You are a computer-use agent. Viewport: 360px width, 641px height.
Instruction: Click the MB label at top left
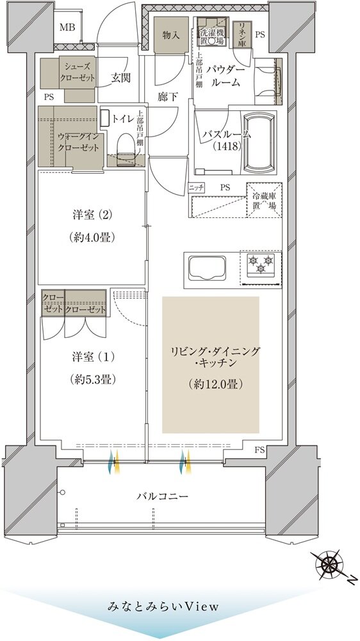(67, 27)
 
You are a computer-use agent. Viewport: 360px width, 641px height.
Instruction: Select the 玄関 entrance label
(120, 78)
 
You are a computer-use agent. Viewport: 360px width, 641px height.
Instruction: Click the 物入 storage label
(170, 35)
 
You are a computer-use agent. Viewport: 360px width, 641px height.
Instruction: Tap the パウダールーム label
(225, 76)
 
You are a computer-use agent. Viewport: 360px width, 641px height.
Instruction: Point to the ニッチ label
(195, 187)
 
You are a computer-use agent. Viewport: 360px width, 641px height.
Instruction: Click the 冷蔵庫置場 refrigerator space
(263, 201)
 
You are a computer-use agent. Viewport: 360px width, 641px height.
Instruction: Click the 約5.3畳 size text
(93, 379)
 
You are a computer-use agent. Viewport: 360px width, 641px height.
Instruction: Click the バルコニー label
(162, 495)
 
